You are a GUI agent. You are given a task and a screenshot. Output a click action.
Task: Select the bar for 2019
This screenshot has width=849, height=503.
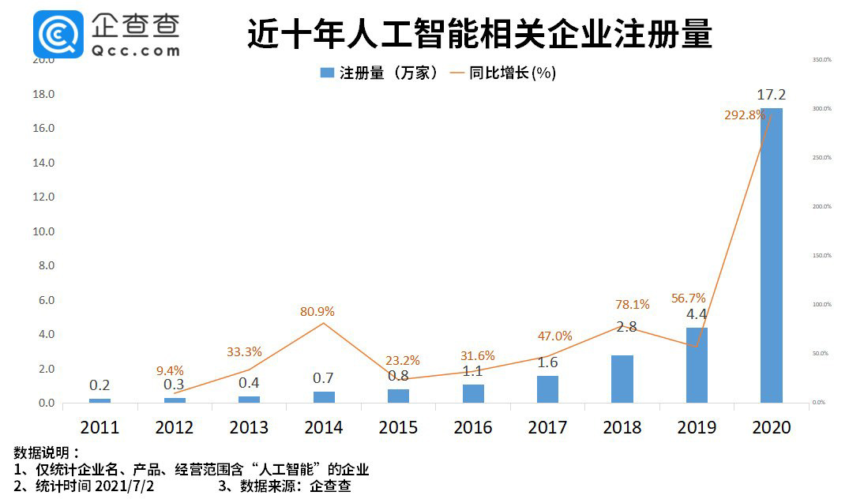click(x=697, y=365)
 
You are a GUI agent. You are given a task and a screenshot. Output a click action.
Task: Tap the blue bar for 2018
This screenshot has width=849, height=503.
click(x=622, y=379)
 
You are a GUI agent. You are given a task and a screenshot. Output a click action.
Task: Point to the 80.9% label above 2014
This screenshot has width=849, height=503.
click(x=317, y=312)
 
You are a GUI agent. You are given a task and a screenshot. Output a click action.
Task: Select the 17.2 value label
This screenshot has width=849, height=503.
click(x=771, y=96)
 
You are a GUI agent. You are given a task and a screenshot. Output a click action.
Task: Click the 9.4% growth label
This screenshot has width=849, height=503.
click(x=169, y=370)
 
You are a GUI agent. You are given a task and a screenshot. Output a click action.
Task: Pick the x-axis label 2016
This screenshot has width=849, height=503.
click(x=473, y=428)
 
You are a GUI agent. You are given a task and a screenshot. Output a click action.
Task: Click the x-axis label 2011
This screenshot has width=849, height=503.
click(x=100, y=428)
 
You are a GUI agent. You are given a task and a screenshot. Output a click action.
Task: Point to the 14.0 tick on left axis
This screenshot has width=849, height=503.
click(x=43, y=163)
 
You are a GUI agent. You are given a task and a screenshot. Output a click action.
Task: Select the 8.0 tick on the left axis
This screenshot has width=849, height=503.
click(x=45, y=266)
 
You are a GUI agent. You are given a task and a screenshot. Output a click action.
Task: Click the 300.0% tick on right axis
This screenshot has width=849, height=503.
click(x=821, y=108)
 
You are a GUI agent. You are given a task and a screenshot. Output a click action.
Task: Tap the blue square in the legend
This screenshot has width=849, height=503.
click(x=326, y=73)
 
